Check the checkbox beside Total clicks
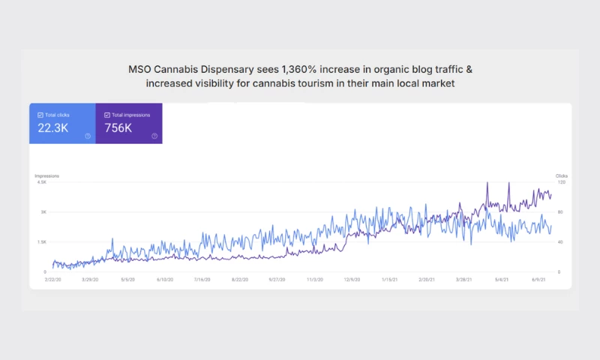point(40,115)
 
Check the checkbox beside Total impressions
point(106,115)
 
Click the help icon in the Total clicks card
point(88,136)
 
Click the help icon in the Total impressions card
point(154,136)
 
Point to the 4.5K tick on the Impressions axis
point(41,182)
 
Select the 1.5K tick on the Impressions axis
point(41,242)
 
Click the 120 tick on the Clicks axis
point(559,182)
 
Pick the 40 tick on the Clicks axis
point(559,242)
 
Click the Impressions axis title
point(46,175)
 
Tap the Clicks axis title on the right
point(561,175)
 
